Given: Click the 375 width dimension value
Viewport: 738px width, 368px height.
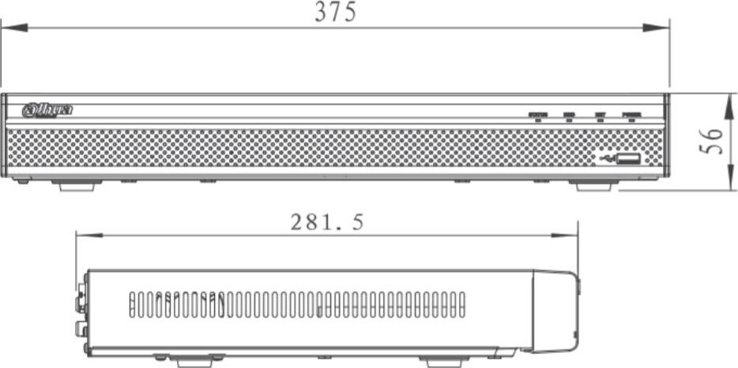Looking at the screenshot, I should pos(335,12).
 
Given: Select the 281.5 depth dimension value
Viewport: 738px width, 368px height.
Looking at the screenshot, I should pos(326,223).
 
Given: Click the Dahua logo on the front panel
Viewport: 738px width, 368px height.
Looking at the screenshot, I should pos(47,110).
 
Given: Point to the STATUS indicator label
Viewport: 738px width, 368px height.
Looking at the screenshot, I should pos(537,115).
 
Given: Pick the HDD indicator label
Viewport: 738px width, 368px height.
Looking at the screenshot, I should pos(569,115).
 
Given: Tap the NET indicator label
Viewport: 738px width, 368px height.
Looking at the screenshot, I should pos(601,115).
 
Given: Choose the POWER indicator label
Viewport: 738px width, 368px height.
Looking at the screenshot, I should pos(631,115).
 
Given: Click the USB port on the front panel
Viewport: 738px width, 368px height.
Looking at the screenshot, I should pos(628,160).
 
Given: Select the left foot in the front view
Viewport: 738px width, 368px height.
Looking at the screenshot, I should pos(77,186).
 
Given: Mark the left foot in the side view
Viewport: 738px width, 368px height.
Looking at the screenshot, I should pos(194,362).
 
